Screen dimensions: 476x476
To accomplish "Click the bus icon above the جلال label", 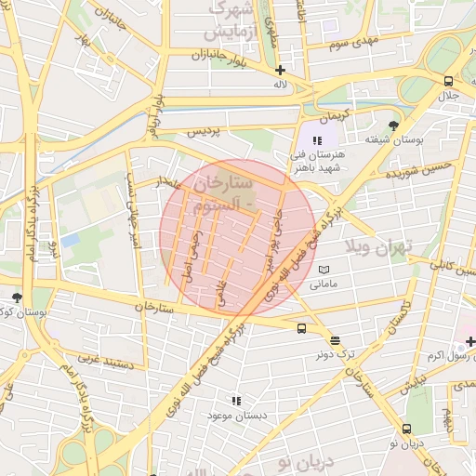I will pyautogui.click(x=450, y=81).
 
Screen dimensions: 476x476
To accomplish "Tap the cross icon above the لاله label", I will pyautogui.click(x=280, y=70).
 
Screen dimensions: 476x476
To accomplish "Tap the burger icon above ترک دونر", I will pyautogui.click(x=335, y=340).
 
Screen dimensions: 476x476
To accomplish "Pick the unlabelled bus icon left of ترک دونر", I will pyautogui.click(x=302, y=328).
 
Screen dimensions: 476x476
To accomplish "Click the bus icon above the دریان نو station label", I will pyautogui.click(x=407, y=429).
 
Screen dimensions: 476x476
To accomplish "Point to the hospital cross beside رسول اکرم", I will pyautogui.click(x=470, y=342).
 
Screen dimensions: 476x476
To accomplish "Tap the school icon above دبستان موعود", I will pyautogui.click(x=237, y=400).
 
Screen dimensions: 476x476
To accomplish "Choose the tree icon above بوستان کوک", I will pyautogui.click(x=17, y=297).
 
